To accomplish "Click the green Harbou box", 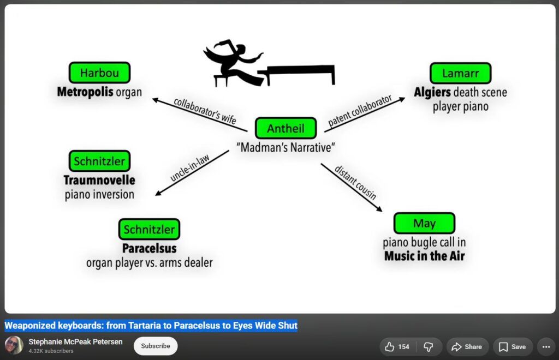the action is tap(99, 73).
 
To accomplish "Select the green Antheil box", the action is tap(286, 128).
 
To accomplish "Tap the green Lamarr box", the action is tap(461, 73).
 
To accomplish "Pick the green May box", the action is tap(424, 223).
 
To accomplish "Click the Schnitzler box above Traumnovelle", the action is tap(99, 161).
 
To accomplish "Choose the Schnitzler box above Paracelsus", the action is tap(150, 229).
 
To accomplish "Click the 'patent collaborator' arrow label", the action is tap(360, 111).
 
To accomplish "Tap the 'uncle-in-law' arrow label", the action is tap(190, 168).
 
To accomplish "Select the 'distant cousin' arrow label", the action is tap(355, 183).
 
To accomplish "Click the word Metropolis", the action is tap(85, 92).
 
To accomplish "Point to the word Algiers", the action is tap(432, 92).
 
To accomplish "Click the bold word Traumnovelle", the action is tap(99, 180).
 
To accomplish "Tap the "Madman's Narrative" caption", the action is tap(286, 147).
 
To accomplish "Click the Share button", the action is tap(467, 347).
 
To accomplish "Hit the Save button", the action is tap(513, 347).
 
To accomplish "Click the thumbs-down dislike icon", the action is tap(428, 347).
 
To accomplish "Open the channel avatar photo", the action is tap(14, 345).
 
